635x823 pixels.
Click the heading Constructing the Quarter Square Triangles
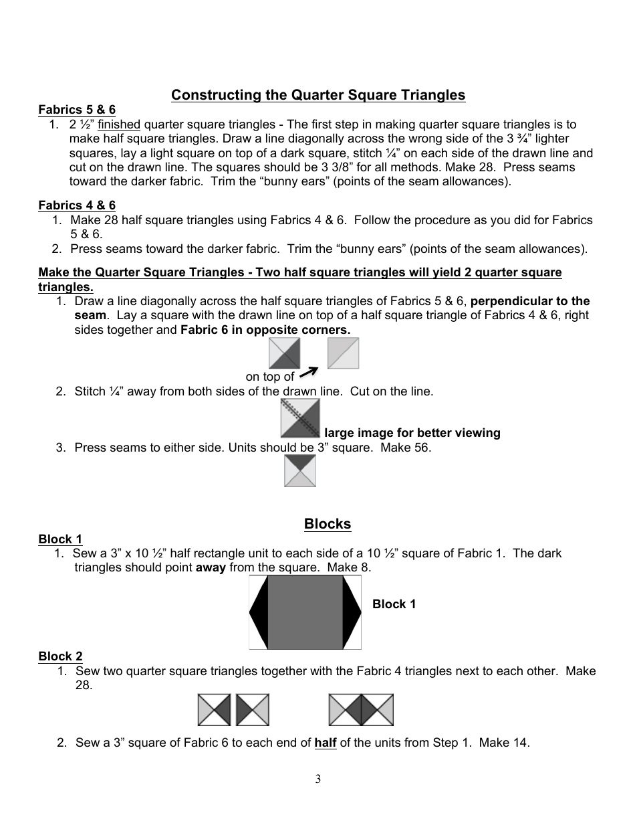(318, 95)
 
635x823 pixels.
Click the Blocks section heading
(328, 524)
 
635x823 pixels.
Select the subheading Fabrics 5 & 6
(77, 110)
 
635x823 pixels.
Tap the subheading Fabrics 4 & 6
(77, 205)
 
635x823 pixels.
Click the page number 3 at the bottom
(318, 779)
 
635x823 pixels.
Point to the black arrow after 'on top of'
(308, 372)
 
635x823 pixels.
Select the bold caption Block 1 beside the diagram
(394, 604)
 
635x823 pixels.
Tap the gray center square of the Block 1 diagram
(305, 612)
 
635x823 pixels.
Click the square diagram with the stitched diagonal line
(300, 418)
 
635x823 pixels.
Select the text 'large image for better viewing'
(412, 433)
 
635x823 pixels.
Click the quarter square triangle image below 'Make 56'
(300, 470)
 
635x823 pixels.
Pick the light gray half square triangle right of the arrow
(343, 353)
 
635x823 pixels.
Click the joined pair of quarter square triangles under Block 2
(361, 710)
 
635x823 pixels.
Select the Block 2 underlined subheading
(60, 656)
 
